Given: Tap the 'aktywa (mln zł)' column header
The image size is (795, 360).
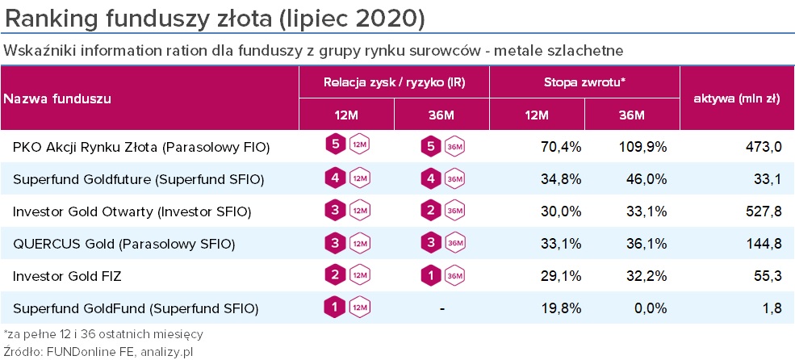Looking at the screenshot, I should click(x=736, y=98).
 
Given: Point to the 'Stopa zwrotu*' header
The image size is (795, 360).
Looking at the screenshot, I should click(x=585, y=82).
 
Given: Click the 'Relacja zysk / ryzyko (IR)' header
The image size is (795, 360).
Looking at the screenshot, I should click(x=393, y=82).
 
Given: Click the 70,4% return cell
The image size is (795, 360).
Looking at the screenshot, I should click(x=559, y=147).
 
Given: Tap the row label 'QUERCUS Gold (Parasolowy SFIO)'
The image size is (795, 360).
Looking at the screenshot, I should click(x=123, y=244).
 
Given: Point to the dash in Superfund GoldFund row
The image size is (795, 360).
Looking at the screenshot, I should click(x=442, y=308).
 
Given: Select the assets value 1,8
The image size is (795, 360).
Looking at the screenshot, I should click(x=771, y=308).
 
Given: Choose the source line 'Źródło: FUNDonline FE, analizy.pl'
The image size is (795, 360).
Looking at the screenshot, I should click(x=99, y=351).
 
